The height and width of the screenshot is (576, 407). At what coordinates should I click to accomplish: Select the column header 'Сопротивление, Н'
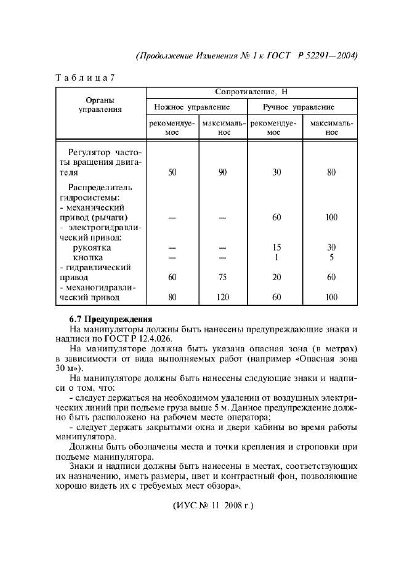(251, 92)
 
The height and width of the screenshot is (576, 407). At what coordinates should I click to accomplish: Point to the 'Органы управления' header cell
(99, 105)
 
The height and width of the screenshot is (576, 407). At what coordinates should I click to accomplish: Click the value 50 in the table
(172, 173)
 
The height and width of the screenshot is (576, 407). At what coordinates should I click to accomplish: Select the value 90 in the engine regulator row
(223, 173)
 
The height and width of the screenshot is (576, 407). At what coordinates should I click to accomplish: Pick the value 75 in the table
(223, 278)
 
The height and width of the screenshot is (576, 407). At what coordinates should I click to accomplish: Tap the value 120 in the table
(223, 298)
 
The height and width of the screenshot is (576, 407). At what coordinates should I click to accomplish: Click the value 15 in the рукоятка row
(276, 247)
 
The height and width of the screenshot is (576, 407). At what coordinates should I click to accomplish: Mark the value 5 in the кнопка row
(331, 257)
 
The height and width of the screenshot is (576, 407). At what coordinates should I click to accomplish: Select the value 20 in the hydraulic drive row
(276, 278)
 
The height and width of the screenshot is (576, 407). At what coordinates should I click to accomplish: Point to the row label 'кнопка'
(88, 257)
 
